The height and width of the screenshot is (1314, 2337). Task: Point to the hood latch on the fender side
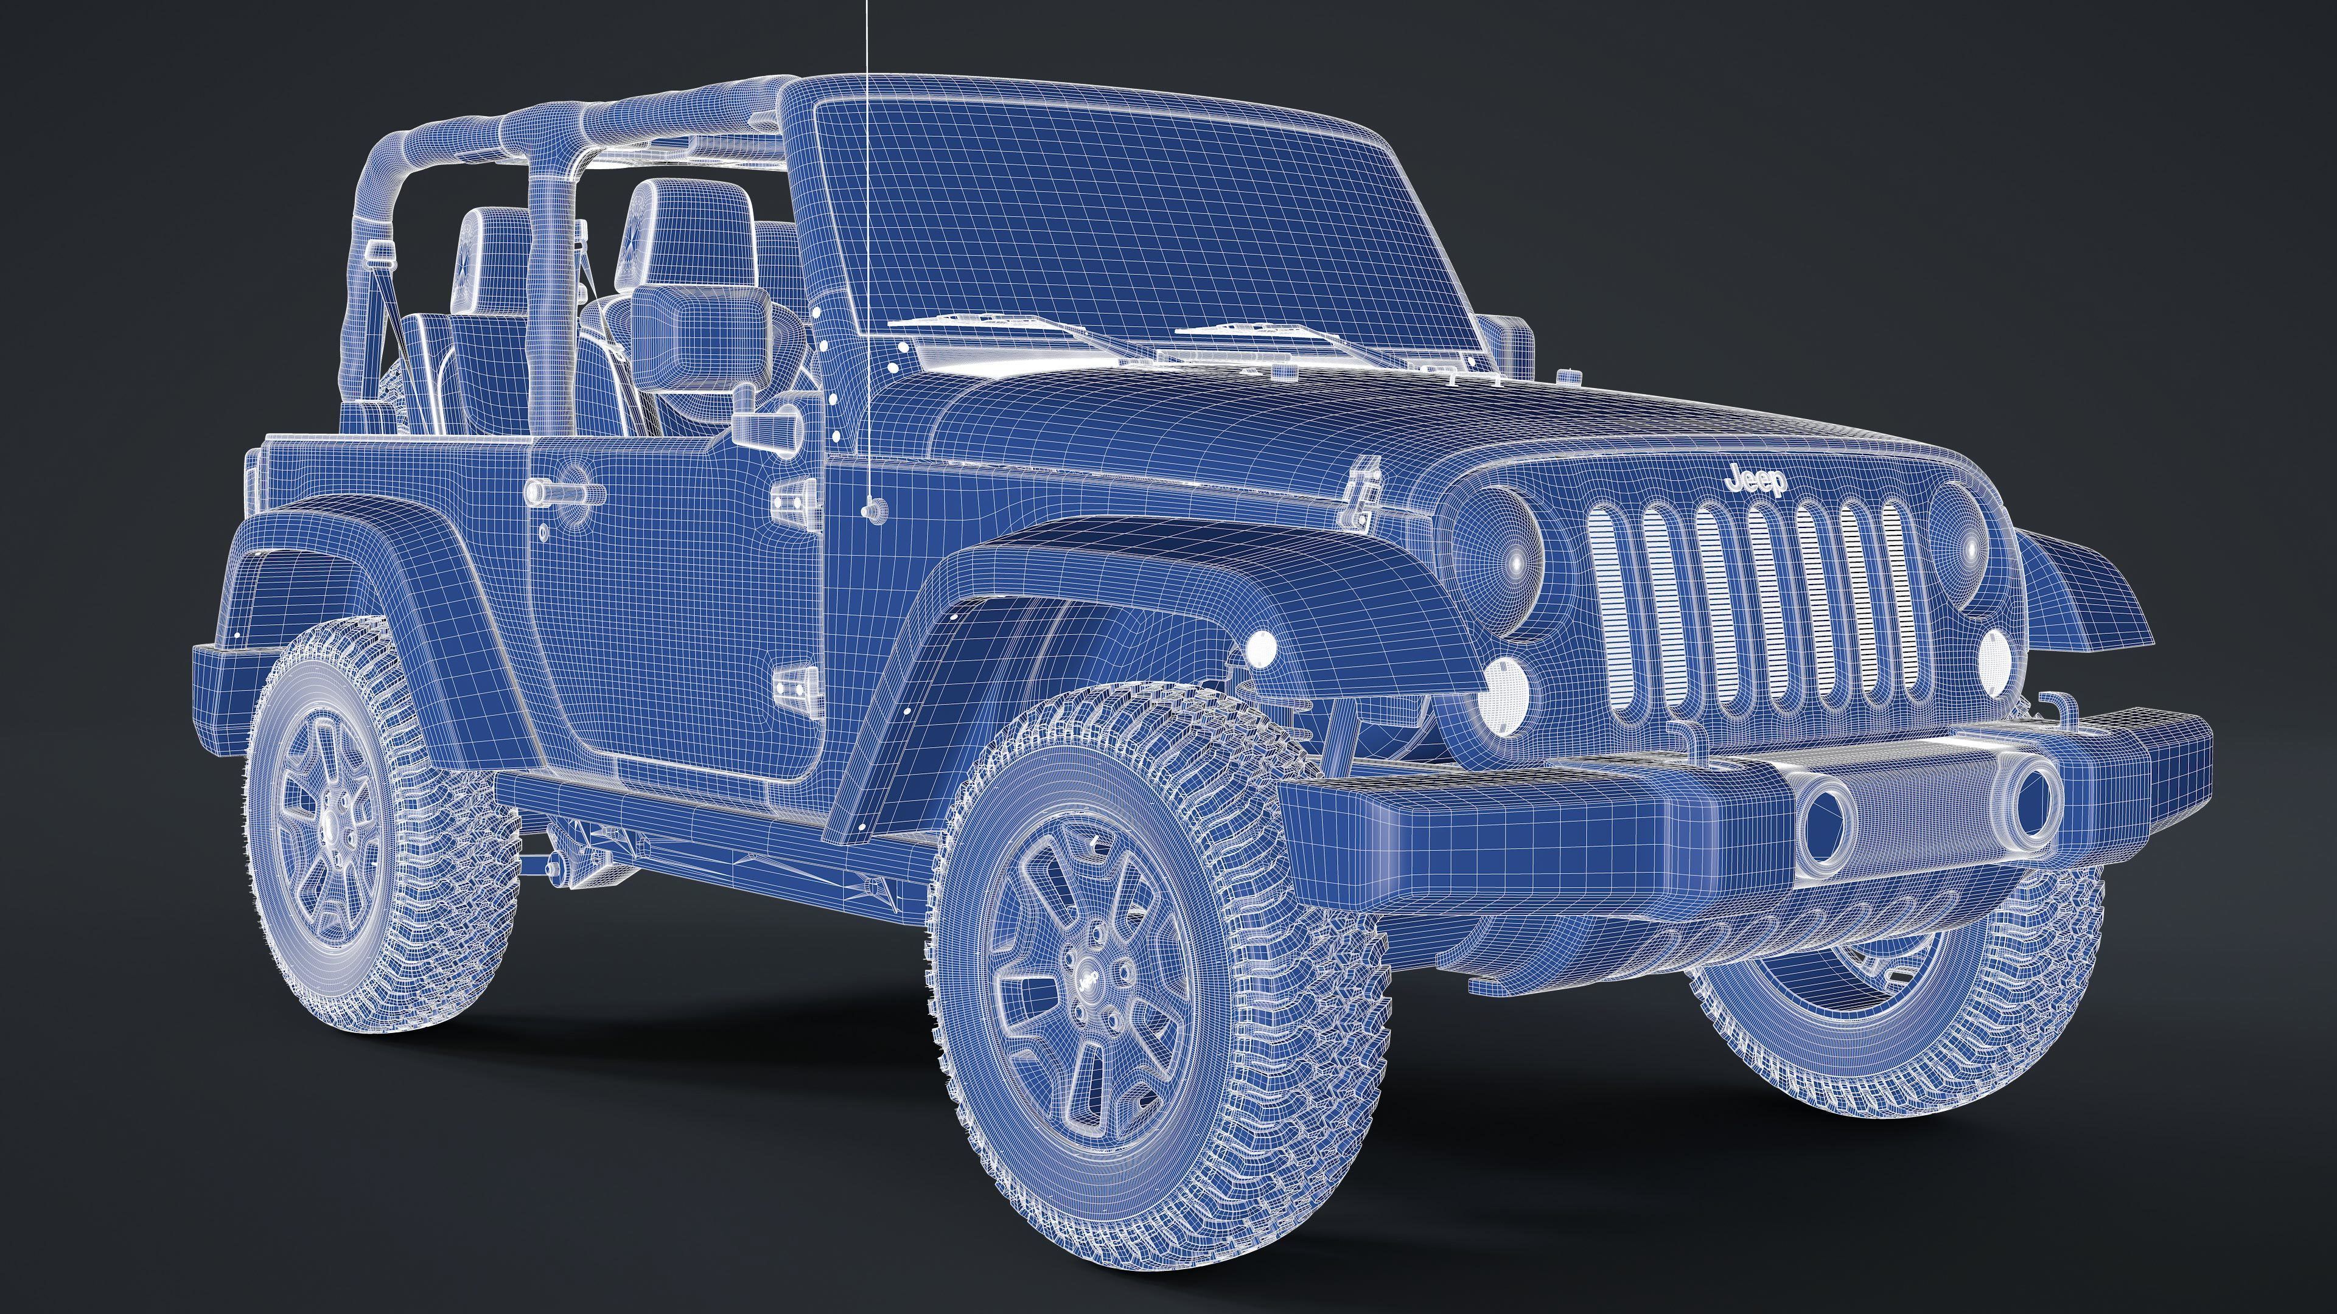tap(1363, 495)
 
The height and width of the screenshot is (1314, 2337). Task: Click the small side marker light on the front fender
tap(1261, 647)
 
